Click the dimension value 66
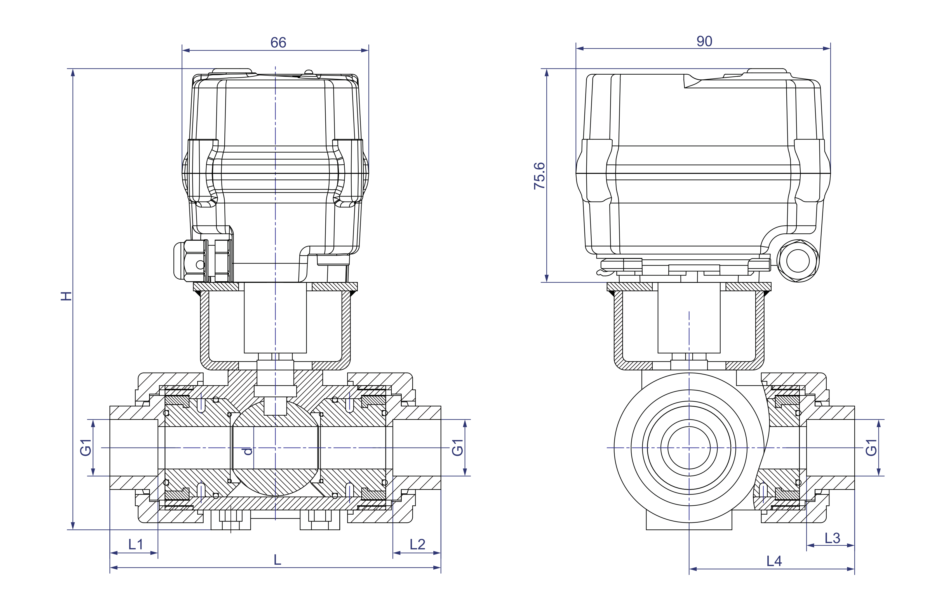click(x=278, y=42)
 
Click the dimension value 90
click(x=704, y=41)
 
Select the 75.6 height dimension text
click(x=539, y=176)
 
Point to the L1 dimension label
click(x=136, y=544)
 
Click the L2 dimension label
click(x=417, y=544)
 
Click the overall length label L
click(x=277, y=560)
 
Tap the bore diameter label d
click(x=248, y=451)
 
